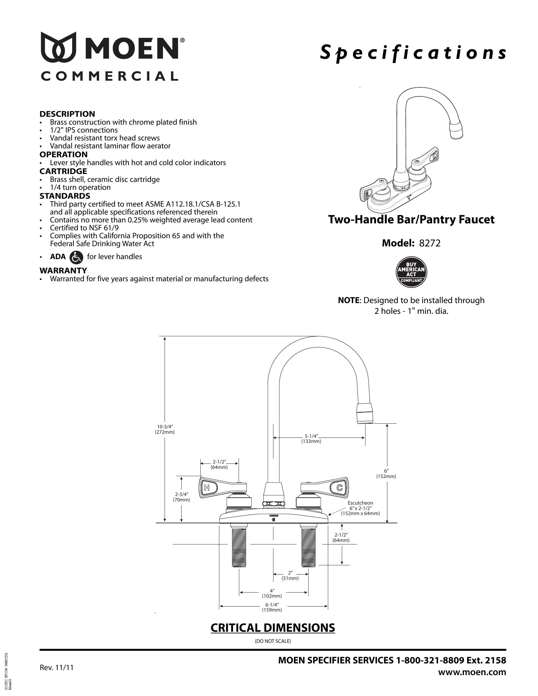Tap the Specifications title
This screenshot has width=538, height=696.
(x=413, y=53)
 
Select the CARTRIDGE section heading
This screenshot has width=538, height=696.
(x=63, y=171)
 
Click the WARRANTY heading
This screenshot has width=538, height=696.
(x=63, y=270)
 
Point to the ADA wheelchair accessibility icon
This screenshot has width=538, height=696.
(x=76, y=258)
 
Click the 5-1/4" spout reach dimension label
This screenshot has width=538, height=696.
(x=311, y=438)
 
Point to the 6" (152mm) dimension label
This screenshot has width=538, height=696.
(x=386, y=474)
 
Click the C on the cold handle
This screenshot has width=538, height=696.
(x=339, y=487)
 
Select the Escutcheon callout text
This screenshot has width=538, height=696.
(x=360, y=508)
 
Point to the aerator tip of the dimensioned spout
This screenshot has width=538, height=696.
(x=365, y=413)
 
